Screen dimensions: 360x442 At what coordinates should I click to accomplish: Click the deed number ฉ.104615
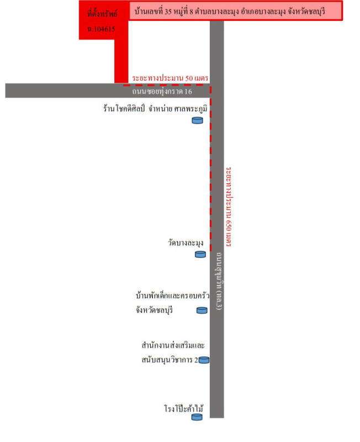coord(101,29)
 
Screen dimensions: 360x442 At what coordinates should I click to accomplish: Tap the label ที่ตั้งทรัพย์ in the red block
coord(102,13)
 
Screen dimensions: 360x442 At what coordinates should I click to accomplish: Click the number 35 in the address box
coord(168,12)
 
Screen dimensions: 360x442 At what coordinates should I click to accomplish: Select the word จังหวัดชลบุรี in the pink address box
coord(306,12)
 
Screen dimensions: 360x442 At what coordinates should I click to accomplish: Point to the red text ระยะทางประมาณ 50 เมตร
coord(170,78)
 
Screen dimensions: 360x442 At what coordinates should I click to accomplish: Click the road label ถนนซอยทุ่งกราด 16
coord(162,91)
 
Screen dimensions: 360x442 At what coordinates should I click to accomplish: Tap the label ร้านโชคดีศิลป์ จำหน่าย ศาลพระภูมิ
coord(155,109)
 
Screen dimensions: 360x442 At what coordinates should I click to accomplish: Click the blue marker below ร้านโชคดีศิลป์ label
coord(197,120)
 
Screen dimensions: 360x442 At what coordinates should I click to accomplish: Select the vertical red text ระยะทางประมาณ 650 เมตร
coord(229,207)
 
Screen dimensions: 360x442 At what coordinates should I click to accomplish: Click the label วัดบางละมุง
coord(186,243)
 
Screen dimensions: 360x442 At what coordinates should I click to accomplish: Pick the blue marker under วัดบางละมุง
coord(200,254)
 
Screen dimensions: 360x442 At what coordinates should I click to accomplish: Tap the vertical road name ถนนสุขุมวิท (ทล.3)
coord(219,281)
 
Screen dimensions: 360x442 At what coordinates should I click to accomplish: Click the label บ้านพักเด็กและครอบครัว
coord(172,296)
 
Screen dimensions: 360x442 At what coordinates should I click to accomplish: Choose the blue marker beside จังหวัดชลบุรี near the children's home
coord(202,310)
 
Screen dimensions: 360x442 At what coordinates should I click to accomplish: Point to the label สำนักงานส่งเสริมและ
coord(173,345)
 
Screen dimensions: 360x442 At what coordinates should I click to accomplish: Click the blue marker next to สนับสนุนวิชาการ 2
coord(204,360)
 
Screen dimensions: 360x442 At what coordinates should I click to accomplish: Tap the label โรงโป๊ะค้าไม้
coord(184,408)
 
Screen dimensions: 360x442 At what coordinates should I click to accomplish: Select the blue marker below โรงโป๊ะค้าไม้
coord(197,417)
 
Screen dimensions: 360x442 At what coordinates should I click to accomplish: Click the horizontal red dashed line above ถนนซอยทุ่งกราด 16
coord(167,85)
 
